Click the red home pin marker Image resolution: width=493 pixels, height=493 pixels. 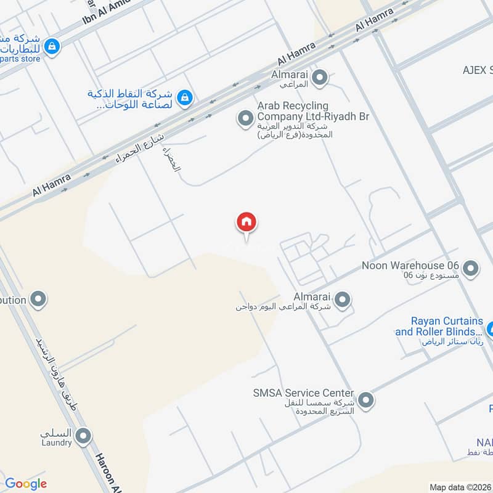pos(246,223)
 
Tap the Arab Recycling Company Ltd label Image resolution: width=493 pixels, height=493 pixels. pos(313,111)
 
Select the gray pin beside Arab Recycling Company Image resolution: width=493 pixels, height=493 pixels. pos(246,117)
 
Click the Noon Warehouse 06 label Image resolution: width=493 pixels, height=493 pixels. pos(411,266)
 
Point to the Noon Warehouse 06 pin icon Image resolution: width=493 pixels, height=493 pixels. pos(471,269)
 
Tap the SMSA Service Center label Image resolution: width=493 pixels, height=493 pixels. pos(303,393)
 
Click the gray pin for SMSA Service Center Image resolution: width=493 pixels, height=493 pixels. pos(366,401)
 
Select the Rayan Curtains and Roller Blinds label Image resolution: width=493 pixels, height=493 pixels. pos(439,327)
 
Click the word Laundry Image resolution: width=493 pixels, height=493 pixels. pos(57,442)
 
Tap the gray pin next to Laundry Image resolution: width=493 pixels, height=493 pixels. pos(83,437)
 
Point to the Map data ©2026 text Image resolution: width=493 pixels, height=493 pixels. pos(460,487)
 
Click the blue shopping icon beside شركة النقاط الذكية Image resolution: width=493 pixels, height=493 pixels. pos(184,97)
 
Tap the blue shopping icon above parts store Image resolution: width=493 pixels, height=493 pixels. pos(52,46)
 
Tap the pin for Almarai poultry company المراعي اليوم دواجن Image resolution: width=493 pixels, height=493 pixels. pos(342,300)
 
